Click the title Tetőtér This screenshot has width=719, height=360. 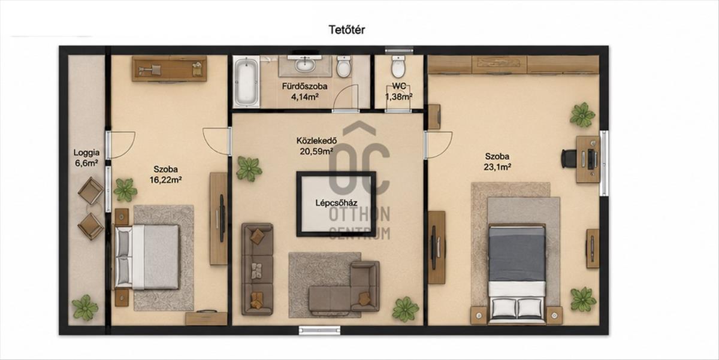347,30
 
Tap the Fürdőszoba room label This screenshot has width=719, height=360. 304,86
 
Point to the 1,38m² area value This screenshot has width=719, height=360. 399,96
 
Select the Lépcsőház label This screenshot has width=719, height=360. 336,203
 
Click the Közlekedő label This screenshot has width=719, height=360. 316,141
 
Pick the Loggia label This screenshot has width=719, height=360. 86,153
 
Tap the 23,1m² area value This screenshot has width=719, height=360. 497,167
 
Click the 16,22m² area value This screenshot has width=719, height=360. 165,180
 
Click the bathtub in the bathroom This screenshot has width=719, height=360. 246,82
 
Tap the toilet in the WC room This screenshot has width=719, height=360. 398,66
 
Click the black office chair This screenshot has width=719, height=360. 569,159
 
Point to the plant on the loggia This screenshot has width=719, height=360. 84,307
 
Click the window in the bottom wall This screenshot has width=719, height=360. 319,331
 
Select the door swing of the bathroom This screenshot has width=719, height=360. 346,98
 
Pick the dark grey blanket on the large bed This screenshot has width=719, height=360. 516,253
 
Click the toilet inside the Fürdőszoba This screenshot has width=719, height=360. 344,66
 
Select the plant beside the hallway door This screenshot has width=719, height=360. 249,169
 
